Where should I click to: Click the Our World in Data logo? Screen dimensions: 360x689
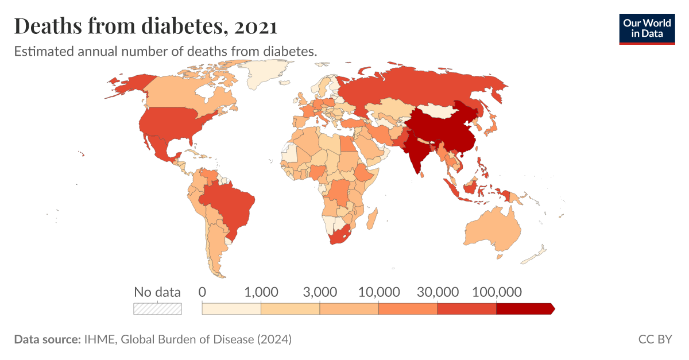[647, 27]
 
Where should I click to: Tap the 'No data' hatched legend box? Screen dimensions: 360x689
[157, 309]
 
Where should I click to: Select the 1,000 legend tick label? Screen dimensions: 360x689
[261, 292]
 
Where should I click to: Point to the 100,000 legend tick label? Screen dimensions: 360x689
[496, 292]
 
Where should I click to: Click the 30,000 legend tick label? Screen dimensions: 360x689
[438, 292]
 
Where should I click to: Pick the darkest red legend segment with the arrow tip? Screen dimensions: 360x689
[524, 309]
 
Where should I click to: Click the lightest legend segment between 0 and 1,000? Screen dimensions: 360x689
[231, 309]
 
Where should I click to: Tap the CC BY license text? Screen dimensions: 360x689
[655, 339]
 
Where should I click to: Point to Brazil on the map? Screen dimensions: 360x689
[230, 204]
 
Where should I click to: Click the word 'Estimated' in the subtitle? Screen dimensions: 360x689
[40, 51]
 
